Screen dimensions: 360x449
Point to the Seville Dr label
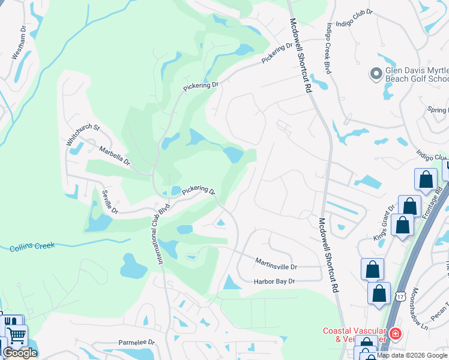(110, 202)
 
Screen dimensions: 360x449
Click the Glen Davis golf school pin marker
(376, 74)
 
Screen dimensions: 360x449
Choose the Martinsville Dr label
(276, 263)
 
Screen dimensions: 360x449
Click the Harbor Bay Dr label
(275, 281)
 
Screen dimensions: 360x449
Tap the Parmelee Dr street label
(136, 343)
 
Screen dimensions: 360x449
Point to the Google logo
(20, 353)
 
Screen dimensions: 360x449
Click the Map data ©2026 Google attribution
(412, 355)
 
